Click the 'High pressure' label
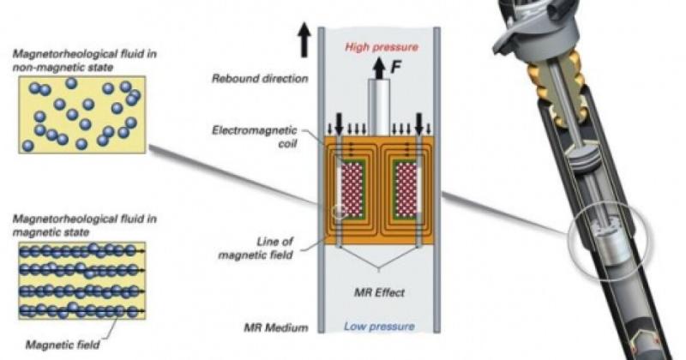tap(382, 47)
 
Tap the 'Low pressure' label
tap(379, 327)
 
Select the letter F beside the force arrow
tap(396, 67)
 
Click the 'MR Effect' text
tap(379, 292)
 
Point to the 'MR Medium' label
tap(275, 327)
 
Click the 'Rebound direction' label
tap(260, 79)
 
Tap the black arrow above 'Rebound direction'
tap(304, 41)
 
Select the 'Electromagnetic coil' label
tap(255, 136)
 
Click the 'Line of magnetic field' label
tap(256, 248)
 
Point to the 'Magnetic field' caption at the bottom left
tap(63, 345)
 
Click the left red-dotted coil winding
tap(352, 188)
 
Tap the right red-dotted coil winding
tap(406, 188)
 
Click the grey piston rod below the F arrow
tap(379, 107)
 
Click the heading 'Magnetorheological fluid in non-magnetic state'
tap(84, 60)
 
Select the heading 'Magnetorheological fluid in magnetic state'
tap(84, 225)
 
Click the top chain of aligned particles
tap(81, 250)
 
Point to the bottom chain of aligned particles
tap(81, 310)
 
